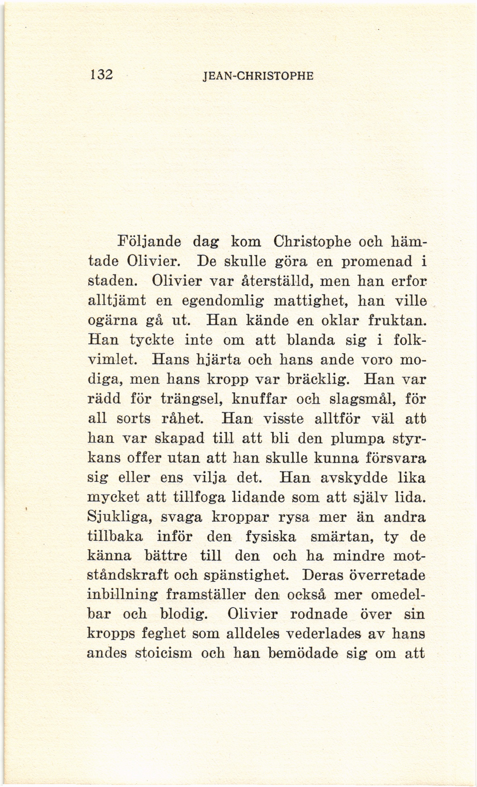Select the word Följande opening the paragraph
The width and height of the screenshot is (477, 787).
click(x=149, y=242)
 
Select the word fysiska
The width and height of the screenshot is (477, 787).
click(x=271, y=537)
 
